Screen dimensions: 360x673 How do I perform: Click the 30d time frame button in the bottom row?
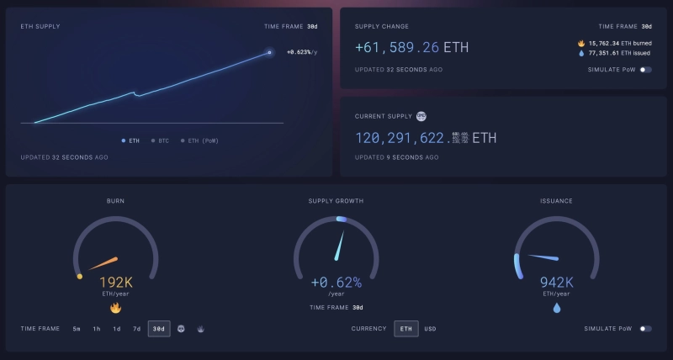coord(158,328)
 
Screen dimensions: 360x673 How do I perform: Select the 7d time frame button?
coord(136,328)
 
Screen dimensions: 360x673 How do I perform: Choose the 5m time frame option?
coord(77,328)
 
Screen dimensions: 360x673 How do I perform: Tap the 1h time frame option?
coord(97,328)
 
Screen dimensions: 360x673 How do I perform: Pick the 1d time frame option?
coord(117,328)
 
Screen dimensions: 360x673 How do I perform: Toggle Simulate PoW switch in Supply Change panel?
coord(645,70)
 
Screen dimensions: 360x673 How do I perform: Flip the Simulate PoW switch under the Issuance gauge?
coord(645,328)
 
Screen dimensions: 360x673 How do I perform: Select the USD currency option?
coord(430,328)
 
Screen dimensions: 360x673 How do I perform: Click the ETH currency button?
coord(406,328)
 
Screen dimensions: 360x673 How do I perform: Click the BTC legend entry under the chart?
coord(160,140)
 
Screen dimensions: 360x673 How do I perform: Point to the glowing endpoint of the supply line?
coord(269,53)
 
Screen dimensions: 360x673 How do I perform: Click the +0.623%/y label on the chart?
coord(302,52)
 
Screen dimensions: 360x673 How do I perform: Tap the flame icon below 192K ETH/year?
coord(116,308)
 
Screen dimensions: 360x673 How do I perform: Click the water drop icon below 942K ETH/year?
coord(556,308)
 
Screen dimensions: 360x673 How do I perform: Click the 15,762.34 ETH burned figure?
coord(617,43)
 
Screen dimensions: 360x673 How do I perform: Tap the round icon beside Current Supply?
coord(422,115)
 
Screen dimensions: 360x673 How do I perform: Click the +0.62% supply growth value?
coord(336,283)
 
